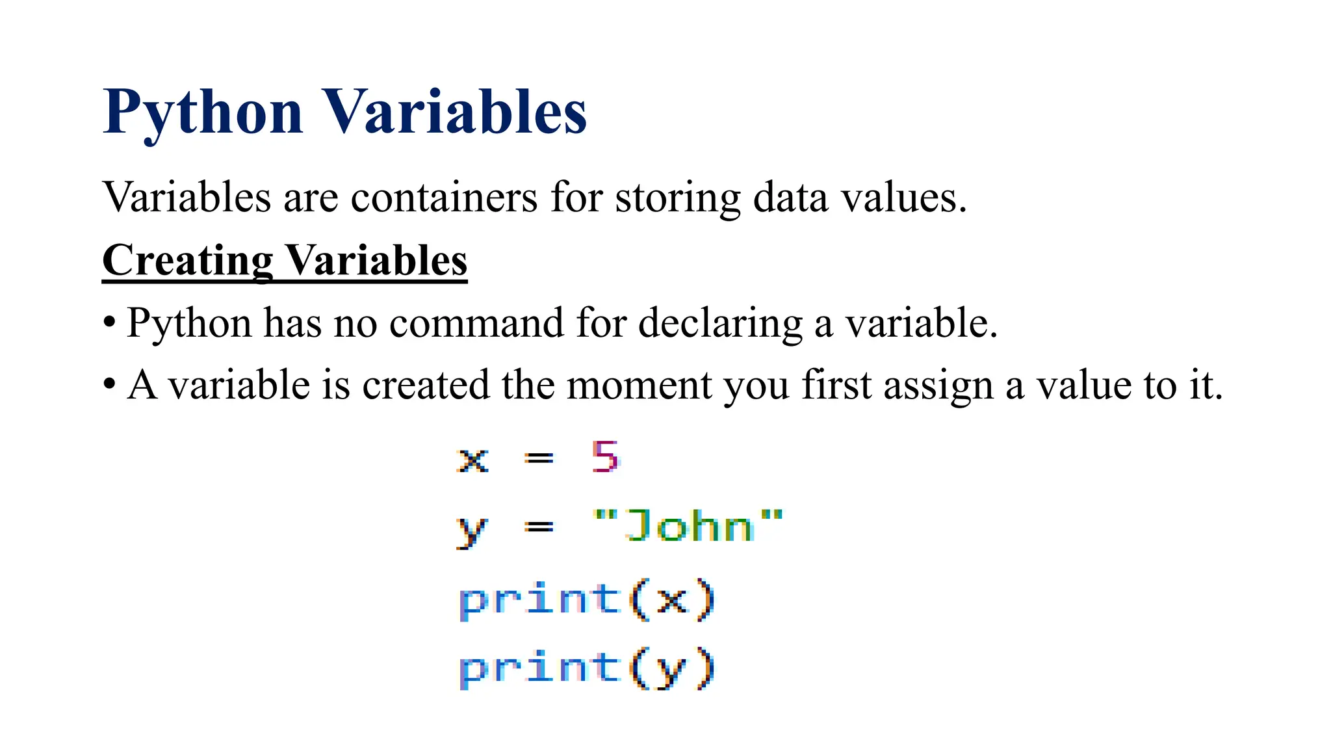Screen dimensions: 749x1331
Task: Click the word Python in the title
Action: [x=203, y=113]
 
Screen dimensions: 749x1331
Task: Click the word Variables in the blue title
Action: [x=455, y=113]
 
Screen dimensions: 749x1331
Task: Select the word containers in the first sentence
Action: [x=444, y=197]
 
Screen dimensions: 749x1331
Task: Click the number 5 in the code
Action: [x=605, y=456]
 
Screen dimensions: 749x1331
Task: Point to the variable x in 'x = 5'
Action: [x=472, y=460]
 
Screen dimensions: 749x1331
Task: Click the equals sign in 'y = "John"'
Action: [x=539, y=527]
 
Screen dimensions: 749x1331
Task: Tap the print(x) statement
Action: [x=587, y=599]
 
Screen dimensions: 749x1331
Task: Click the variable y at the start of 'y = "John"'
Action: [x=471, y=531]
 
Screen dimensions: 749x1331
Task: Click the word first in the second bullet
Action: [x=836, y=385]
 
